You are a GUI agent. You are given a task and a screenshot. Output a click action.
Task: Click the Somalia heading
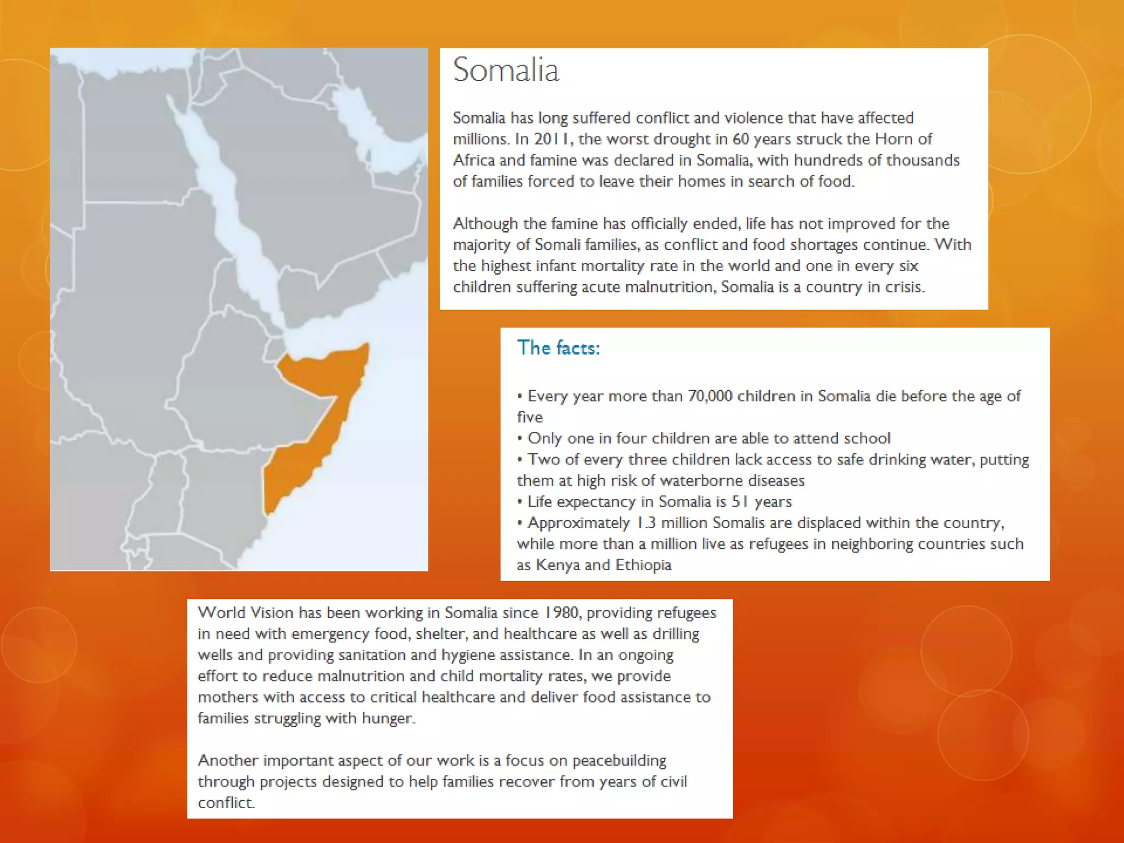click(505, 70)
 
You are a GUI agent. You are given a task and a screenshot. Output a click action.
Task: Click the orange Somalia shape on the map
click(324, 384)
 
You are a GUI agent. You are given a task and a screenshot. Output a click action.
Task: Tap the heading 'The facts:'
click(558, 348)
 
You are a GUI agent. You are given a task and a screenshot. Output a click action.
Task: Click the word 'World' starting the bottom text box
click(222, 612)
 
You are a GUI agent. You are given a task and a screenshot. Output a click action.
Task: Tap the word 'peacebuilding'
click(619, 761)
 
